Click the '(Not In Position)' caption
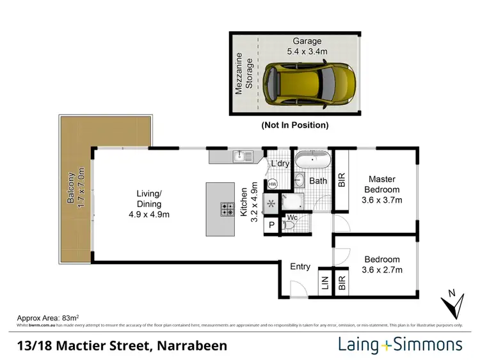click(294, 125)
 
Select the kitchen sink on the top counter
click(241, 155)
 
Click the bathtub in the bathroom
click(312, 159)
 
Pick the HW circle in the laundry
click(272, 184)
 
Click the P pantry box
click(271, 226)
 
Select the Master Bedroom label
click(382, 189)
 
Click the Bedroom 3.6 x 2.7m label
click(382, 264)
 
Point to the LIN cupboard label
click(324, 283)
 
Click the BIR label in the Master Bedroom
click(341, 180)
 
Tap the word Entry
click(300, 267)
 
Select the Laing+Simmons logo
click(400, 345)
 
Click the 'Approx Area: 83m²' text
click(47, 317)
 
